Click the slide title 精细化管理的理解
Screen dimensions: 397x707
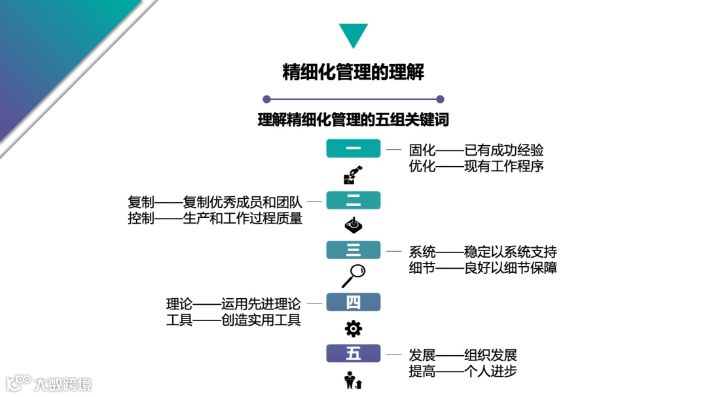pyautogui.click(x=353, y=72)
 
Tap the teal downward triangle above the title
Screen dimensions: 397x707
pyautogui.click(x=353, y=35)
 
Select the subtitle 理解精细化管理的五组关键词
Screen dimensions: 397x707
pyautogui.click(x=353, y=120)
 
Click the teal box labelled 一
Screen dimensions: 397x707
pyautogui.click(x=353, y=148)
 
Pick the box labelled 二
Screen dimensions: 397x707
pyautogui.click(x=353, y=200)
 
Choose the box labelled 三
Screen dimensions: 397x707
pyautogui.click(x=353, y=250)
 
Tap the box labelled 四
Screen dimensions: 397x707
pyautogui.click(x=353, y=302)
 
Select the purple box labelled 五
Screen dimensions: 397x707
pyautogui.click(x=353, y=353)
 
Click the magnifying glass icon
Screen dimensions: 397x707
pyautogui.click(x=353, y=275)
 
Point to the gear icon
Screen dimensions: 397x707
pyautogui.click(x=353, y=328)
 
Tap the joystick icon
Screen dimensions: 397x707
pyautogui.click(x=353, y=226)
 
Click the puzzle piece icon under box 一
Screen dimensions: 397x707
pyautogui.click(x=353, y=175)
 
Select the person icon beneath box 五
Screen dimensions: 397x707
pyautogui.click(x=353, y=380)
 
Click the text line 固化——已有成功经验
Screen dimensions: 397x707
pyautogui.click(x=476, y=150)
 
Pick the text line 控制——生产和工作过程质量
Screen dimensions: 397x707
pyautogui.click(x=215, y=218)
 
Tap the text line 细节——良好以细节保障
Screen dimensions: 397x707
pyautogui.click(x=482, y=268)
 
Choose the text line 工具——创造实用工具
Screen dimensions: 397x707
pyautogui.click(x=233, y=320)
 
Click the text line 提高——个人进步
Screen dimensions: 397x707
pyautogui.click(x=463, y=371)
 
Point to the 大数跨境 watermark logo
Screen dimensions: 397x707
pyautogui.click(x=49, y=383)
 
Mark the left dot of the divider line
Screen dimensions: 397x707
pyautogui.click(x=266, y=99)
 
